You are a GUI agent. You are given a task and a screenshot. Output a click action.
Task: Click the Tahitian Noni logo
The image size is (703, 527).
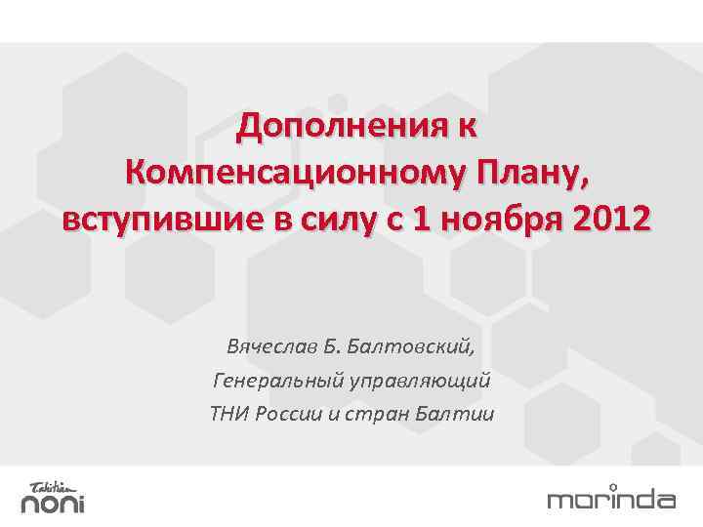[x=54, y=497]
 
